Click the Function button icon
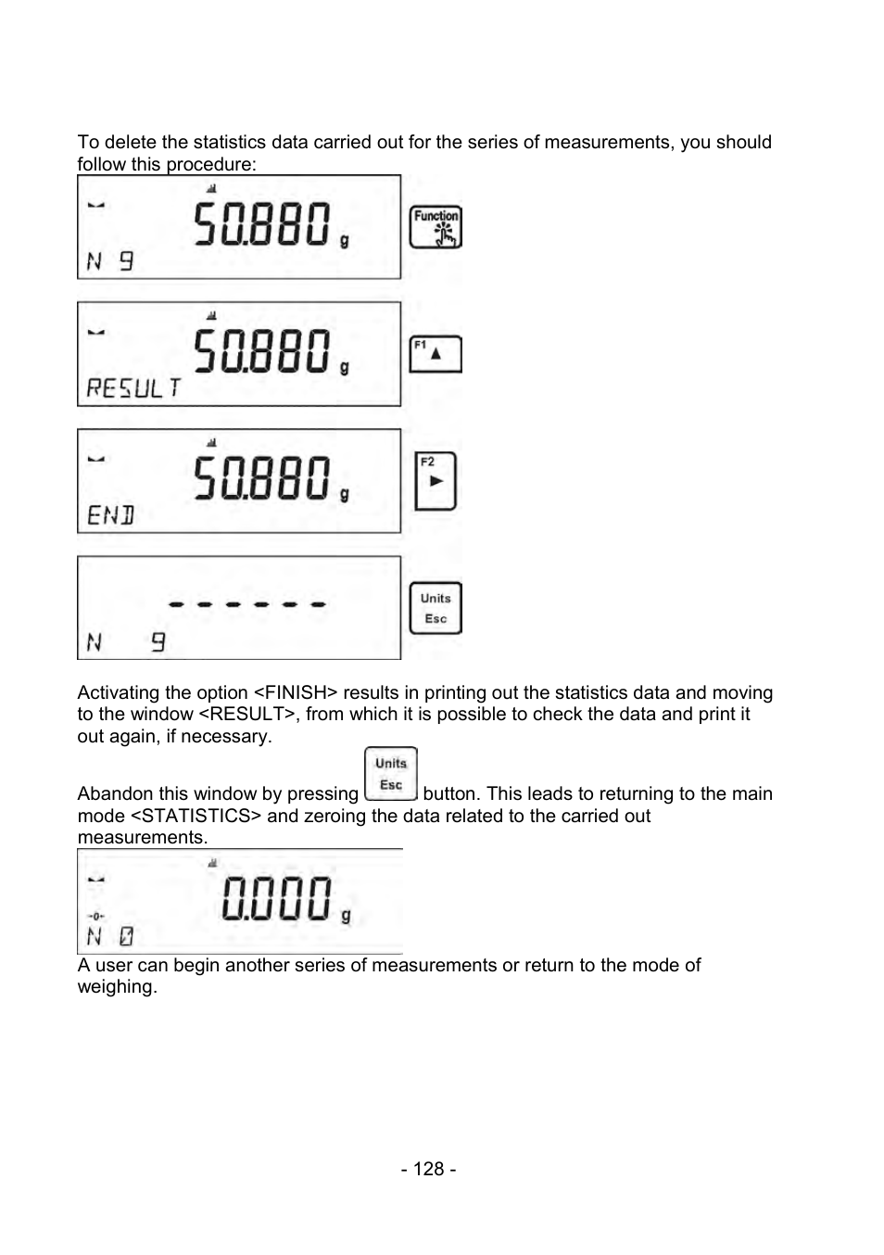pos(436,227)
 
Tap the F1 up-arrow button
pos(436,354)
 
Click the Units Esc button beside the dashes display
pos(436,608)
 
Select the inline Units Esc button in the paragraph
pos(391,774)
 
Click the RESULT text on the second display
pos(133,387)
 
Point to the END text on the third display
pos(110,514)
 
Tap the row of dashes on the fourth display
pos(247,604)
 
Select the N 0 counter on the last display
pos(109,936)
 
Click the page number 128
pos(428,1169)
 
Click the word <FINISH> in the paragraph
pos(296,692)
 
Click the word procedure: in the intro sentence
pos(211,164)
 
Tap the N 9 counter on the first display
pos(109,261)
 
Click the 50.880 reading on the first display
pos(262,225)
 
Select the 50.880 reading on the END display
pos(262,479)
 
